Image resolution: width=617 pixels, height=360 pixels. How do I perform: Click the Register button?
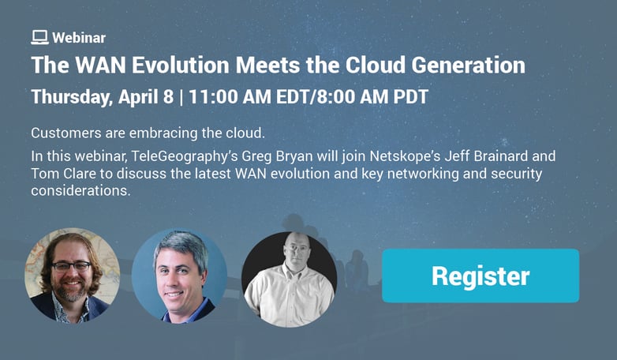click(481, 276)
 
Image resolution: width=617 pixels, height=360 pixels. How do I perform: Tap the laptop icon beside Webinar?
click(39, 37)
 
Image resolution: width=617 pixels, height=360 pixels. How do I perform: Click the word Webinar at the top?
click(79, 38)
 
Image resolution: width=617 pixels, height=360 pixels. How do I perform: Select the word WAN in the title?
click(100, 65)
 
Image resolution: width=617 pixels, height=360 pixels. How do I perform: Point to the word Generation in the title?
click(468, 65)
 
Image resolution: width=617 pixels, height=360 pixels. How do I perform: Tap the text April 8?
click(146, 97)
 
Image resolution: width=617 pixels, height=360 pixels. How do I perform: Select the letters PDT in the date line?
click(411, 97)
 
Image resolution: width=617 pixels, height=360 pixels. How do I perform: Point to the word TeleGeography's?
click(185, 156)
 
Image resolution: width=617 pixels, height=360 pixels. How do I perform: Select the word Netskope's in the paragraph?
click(406, 156)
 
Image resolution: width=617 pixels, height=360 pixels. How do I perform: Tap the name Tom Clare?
click(64, 174)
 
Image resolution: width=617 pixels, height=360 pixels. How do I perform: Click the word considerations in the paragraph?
click(80, 190)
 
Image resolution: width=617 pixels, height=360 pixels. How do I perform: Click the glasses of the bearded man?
click(71, 267)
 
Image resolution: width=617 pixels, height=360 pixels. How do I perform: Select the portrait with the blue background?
click(179, 276)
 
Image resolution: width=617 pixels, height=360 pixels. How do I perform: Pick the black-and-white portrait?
click(290, 279)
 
